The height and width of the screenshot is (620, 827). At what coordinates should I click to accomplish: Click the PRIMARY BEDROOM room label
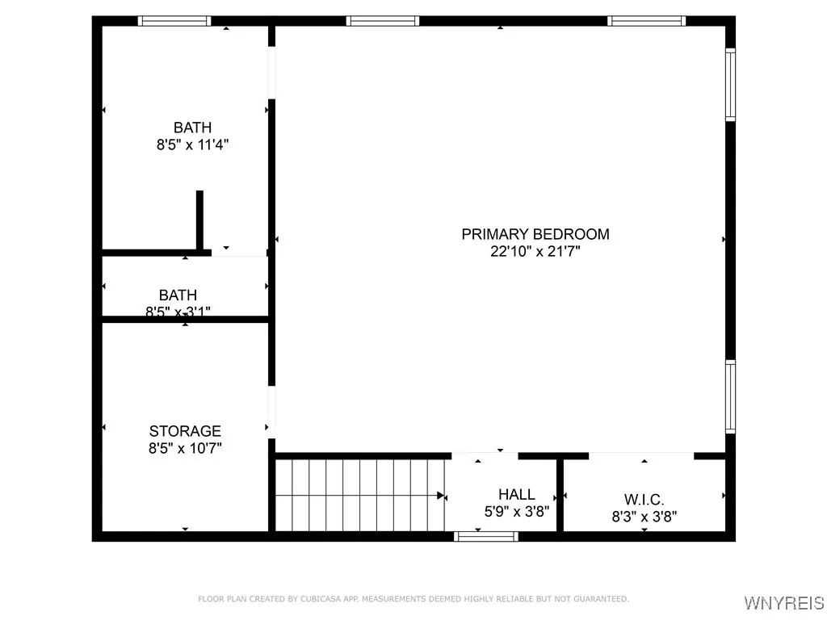click(535, 234)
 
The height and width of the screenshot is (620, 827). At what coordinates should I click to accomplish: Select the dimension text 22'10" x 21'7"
click(535, 251)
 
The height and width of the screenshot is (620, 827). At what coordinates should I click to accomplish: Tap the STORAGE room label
click(185, 431)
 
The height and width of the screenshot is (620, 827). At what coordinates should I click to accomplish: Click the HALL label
click(516, 494)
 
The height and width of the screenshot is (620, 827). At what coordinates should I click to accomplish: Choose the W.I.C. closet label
click(644, 500)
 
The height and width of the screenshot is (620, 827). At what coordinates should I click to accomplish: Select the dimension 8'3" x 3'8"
click(644, 517)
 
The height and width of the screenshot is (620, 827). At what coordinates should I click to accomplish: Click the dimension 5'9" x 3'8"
click(516, 511)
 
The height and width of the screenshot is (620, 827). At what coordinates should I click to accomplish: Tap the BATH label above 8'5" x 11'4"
click(192, 127)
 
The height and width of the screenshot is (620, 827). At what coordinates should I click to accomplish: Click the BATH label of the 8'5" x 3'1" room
click(178, 295)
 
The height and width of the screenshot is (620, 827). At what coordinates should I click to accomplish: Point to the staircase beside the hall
click(359, 495)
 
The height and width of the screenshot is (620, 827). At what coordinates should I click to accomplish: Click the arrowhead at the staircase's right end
click(441, 495)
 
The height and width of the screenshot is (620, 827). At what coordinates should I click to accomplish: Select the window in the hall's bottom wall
click(486, 535)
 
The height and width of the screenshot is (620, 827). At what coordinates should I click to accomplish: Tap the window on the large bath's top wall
click(174, 21)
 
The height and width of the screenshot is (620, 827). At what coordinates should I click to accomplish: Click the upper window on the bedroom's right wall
click(730, 84)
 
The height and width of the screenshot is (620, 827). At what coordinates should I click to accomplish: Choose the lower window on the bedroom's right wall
click(730, 396)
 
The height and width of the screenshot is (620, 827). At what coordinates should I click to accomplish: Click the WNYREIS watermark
click(783, 603)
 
